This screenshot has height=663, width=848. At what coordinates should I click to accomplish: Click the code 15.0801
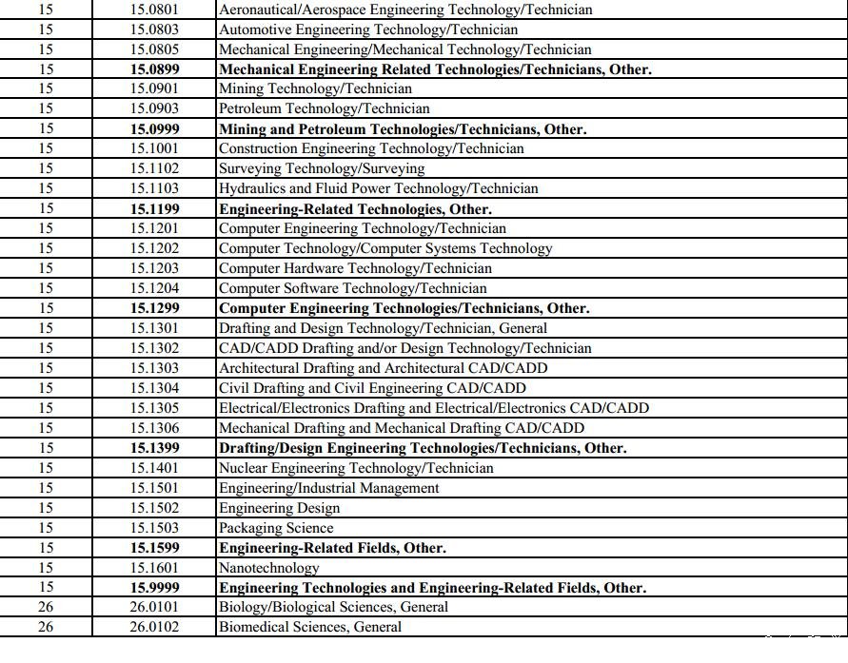[x=154, y=10]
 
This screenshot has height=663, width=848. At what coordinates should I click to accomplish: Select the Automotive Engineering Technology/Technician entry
[x=368, y=29]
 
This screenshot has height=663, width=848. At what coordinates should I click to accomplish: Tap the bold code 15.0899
[x=154, y=69]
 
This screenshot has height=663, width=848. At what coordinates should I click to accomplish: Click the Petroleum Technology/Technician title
[x=324, y=109]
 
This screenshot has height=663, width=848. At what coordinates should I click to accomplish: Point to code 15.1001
[x=154, y=149]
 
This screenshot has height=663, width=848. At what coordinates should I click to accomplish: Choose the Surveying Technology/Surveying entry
[x=322, y=169]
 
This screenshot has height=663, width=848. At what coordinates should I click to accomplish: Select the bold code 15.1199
[x=154, y=209]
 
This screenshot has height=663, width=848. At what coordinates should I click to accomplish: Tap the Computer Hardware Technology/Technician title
[x=355, y=269]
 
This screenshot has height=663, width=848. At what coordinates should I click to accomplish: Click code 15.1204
[x=154, y=289]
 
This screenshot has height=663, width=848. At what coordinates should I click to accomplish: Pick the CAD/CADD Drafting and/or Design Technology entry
[x=404, y=349]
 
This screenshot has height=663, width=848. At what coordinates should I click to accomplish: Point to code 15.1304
[x=154, y=388]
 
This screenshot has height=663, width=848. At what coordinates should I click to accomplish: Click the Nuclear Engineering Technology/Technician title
[x=356, y=468]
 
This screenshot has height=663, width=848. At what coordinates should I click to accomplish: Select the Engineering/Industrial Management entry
[x=328, y=488]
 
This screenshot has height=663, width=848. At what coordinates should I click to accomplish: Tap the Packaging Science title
[x=276, y=528]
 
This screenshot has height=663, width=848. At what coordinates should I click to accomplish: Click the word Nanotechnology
[x=269, y=568]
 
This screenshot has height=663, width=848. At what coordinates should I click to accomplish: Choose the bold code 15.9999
[x=154, y=588]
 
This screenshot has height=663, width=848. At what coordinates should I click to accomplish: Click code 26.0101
[x=154, y=608]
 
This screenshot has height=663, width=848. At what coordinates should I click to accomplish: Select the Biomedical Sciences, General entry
[x=310, y=628]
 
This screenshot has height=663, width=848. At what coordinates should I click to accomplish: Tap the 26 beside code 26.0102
[x=46, y=628]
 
